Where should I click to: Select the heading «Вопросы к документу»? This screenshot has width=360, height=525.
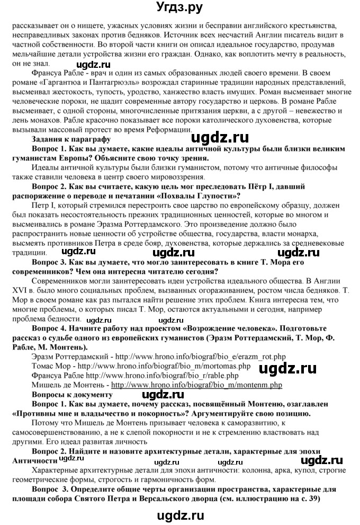tap(73, 395)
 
